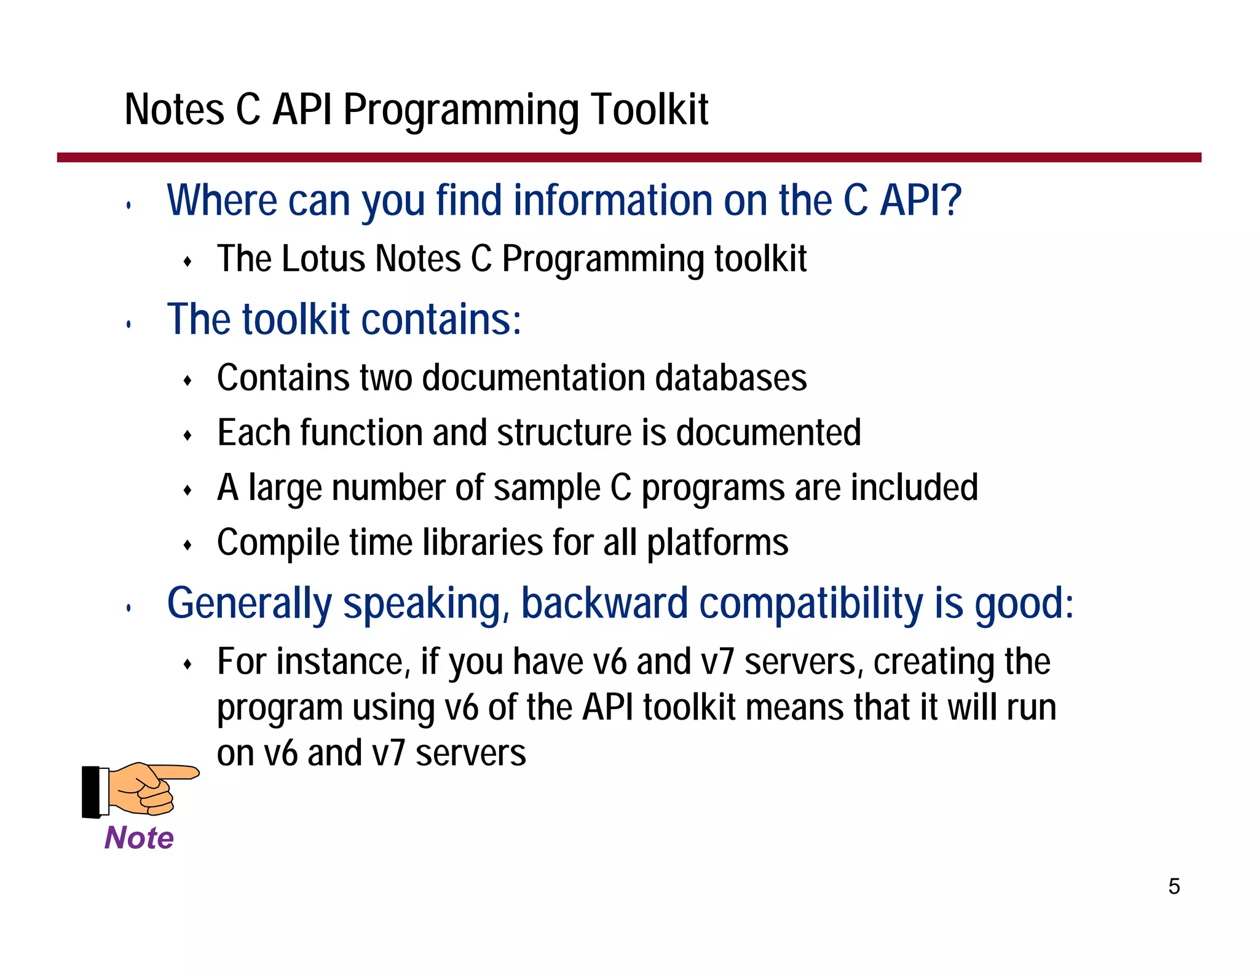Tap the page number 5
[x=1174, y=886]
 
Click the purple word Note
[x=139, y=838]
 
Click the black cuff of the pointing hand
[x=91, y=792]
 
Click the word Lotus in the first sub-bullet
[x=324, y=258]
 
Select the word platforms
[x=717, y=543]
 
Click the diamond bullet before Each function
[x=188, y=436]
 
